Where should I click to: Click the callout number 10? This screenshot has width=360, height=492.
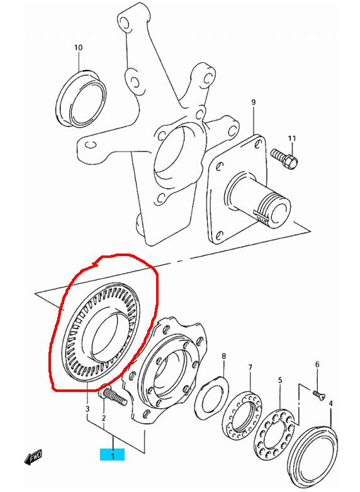[x=79, y=48]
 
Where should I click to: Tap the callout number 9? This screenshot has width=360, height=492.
[x=253, y=103]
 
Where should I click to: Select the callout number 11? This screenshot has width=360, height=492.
[x=292, y=138]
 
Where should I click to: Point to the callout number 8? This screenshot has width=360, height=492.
[x=224, y=356]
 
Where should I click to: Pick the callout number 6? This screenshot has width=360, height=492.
[x=317, y=364]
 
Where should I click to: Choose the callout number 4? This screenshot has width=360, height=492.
[x=330, y=403]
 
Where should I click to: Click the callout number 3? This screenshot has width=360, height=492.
[x=87, y=408]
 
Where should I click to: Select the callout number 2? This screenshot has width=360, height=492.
[x=104, y=418]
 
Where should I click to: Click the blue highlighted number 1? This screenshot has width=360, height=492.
[x=113, y=455]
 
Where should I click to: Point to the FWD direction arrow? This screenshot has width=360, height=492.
[x=33, y=458]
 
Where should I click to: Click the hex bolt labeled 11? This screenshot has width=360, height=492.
[x=284, y=158]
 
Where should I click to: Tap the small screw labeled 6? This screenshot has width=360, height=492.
[x=319, y=394]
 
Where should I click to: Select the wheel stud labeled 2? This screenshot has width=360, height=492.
[x=113, y=396]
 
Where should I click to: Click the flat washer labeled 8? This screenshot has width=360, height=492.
[x=211, y=398]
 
